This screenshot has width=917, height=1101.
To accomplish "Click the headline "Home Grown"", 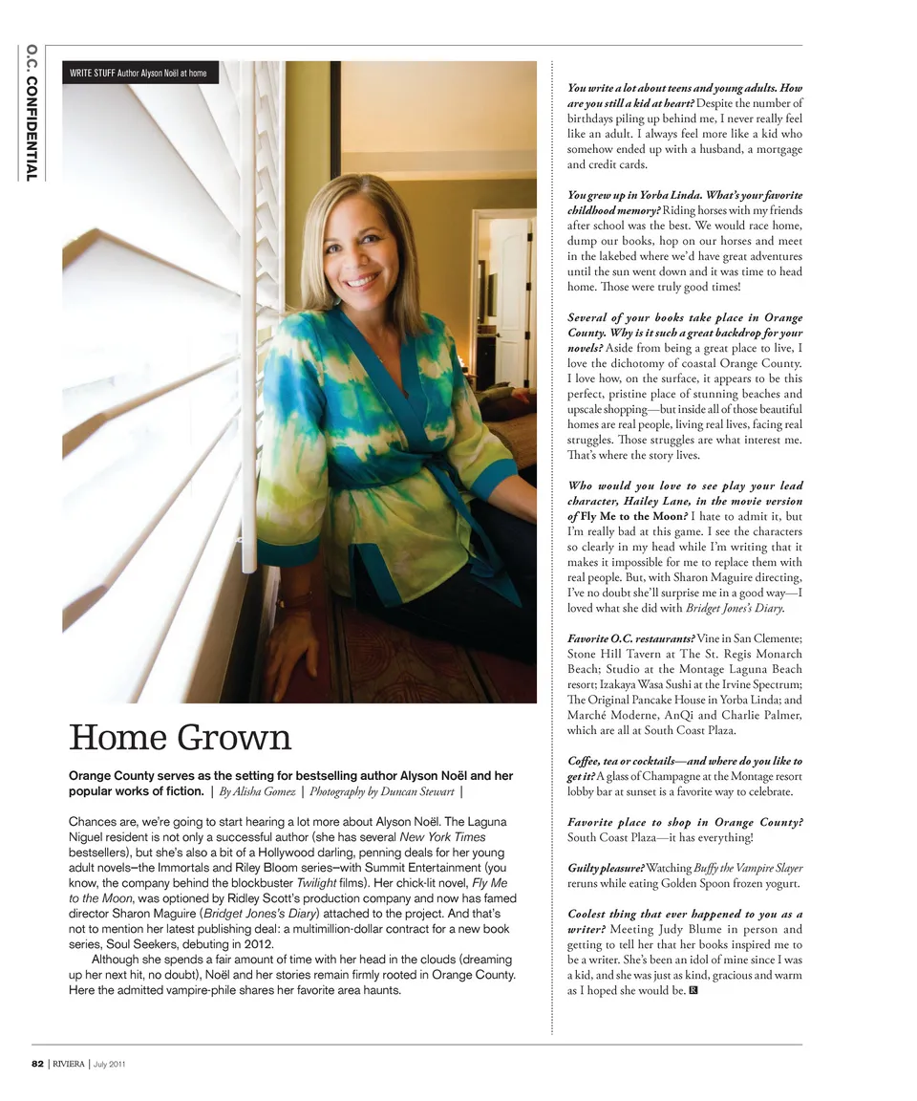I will (x=180, y=738).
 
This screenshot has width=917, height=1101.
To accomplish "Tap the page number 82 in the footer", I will (x=38, y=1065).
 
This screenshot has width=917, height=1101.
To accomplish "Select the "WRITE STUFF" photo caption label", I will (x=93, y=73).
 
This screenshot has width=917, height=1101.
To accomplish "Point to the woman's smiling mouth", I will (x=363, y=283).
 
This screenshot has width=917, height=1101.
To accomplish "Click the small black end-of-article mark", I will (x=693, y=990).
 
